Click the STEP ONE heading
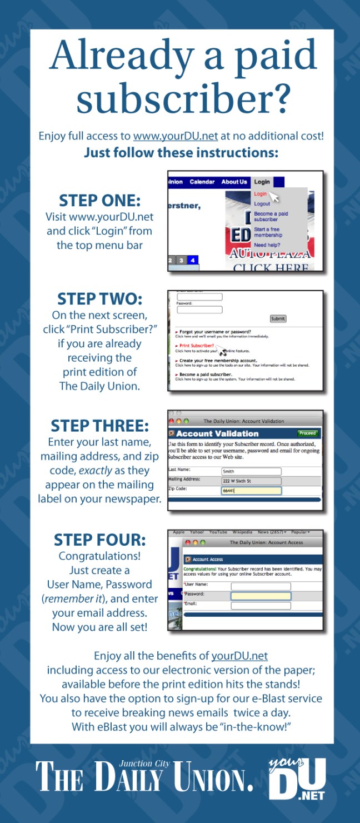(x=99, y=200)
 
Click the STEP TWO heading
(x=99, y=299)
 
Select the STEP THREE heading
(x=99, y=426)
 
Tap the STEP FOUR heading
(x=99, y=540)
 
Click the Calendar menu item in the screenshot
(x=202, y=182)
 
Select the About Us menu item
(x=234, y=182)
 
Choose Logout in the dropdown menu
(x=262, y=204)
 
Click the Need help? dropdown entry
(x=267, y=245)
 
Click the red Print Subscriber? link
(x=198, y=346)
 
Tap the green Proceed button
(x=307, y=433)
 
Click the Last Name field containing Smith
(x=251, y=471)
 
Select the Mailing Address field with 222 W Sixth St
(x=251, y=481)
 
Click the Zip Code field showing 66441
(x=251, y=491)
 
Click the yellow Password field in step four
(x=261, y=596)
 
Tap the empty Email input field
(x=261, y=605)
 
